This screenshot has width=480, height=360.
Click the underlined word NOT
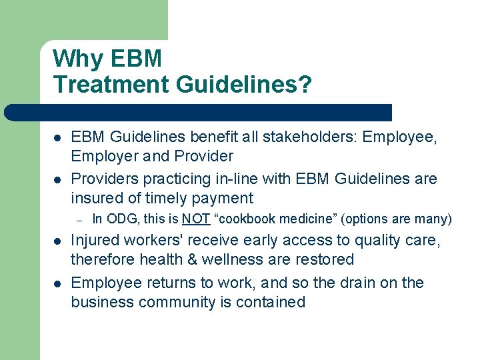[x=196, y=218]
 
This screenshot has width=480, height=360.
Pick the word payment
[x=223, y=198]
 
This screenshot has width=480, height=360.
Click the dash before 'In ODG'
[x=78, y=218]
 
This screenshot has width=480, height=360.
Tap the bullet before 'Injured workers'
[x=58, y=241]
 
